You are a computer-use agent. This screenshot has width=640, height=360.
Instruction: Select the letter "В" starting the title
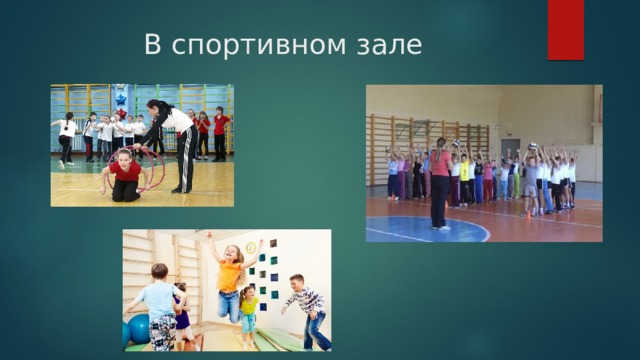(153, 44)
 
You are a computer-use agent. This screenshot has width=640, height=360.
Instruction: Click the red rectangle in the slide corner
(566, 30)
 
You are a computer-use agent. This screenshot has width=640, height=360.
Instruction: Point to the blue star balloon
(121, 99)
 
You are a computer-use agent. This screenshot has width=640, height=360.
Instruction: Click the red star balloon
(122, 113)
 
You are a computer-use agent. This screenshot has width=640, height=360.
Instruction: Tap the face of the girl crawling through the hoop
(124, 156)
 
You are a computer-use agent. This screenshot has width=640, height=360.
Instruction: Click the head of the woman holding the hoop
(155, 107)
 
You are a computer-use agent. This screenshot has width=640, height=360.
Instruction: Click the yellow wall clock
(251, 247)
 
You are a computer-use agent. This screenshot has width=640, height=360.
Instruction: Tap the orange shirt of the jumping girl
(229, 276)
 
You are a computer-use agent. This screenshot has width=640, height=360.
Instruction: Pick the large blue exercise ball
(139, 329)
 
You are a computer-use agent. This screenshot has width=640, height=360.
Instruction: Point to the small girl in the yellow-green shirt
(248, 316)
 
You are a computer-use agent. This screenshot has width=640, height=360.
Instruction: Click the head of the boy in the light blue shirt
(160, 272)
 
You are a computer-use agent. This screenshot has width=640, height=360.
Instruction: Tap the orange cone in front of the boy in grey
(528, 213)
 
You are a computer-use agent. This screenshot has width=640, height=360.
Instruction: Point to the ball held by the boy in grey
(532, 146)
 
